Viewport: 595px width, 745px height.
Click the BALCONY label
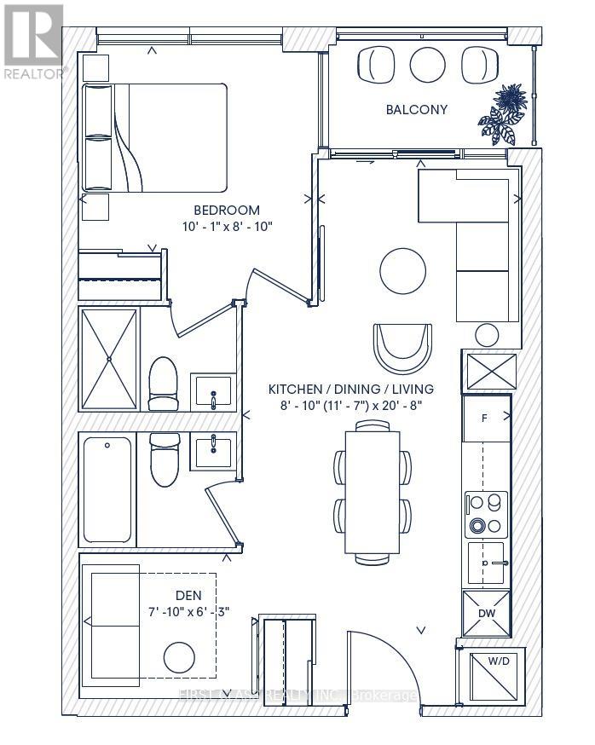click(416, 109)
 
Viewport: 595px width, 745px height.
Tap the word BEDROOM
click(226, 210)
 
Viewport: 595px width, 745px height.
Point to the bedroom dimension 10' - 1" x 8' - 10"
click(226, 227)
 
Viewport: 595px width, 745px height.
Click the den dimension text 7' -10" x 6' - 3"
click(188, 610)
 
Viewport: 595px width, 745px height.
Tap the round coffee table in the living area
click(402, 270)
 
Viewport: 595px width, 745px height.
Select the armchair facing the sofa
click(401, 344)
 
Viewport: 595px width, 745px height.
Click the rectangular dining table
click(373, 490)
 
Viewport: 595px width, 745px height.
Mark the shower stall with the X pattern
click(108, 359)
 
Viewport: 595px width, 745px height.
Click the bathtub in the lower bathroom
click(107, 490)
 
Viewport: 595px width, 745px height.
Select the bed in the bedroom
click(153, 137)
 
